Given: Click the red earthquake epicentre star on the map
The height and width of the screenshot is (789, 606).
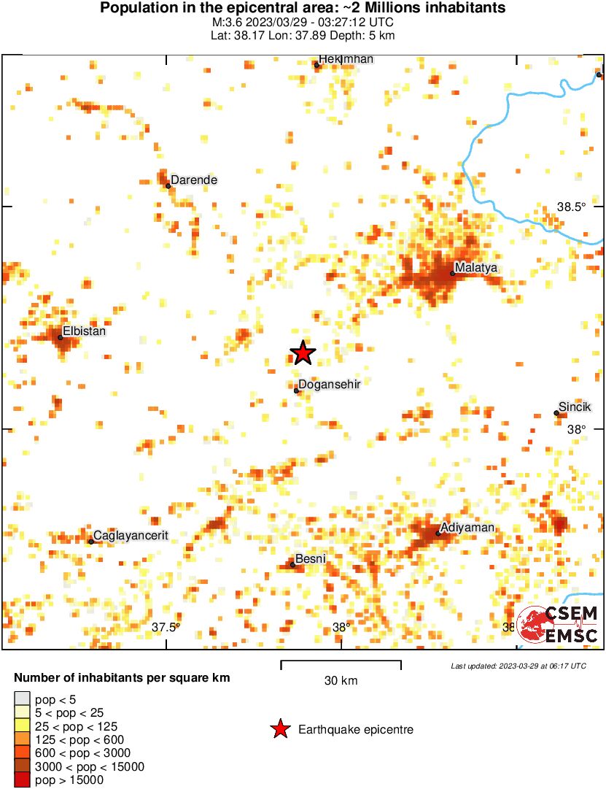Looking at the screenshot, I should tap(303, 353).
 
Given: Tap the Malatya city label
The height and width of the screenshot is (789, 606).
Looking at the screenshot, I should tap(475, 268).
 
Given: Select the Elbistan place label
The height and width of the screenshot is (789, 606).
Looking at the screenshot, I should tap(85, 331).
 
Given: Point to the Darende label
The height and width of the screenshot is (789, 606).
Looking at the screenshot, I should tap(194, 180).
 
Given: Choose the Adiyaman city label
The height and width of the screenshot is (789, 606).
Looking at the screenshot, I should tap(467, 528).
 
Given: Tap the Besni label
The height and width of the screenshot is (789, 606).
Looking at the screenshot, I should tap(310, 559).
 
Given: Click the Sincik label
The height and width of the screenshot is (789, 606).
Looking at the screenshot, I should tap(575, 407).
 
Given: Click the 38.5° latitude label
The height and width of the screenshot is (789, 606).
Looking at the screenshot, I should tap(572, 207).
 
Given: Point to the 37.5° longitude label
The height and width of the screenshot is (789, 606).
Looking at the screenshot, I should tap(166, 627).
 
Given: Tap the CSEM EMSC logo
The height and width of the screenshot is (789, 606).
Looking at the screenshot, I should tap(558, 624).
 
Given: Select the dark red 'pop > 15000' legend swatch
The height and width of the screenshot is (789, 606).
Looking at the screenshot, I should tap(23, 780).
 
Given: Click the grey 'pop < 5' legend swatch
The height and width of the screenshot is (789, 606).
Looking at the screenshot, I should tap(23, 699).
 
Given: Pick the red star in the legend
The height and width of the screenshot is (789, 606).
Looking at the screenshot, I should tap(279, 729).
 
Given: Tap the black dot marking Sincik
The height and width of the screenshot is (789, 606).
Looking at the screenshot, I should tap(556, 413).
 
